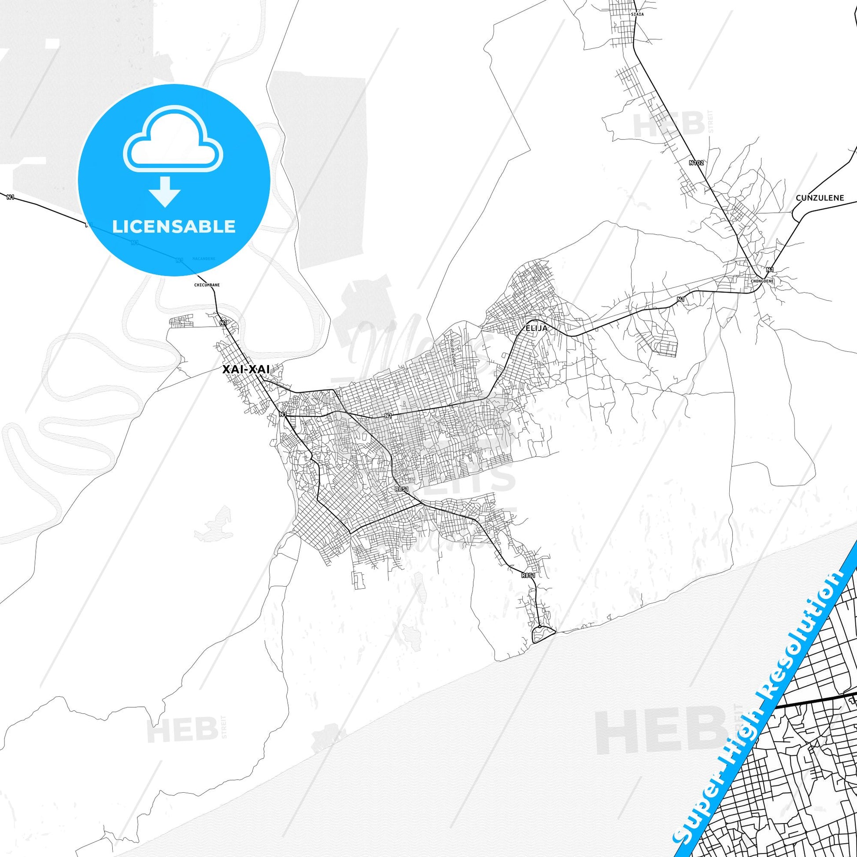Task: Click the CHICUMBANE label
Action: pos(207,285)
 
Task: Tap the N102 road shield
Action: pos(696,163)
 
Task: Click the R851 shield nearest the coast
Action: pos(528,588)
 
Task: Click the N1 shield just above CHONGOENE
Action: pos(770,270)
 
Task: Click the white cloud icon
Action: pos(174,141)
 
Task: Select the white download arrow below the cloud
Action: pos(165,192)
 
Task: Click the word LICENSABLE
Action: pos(174,226)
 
